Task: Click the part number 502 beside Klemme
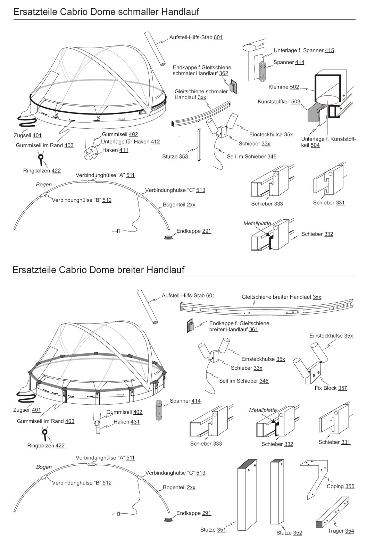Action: pos(294,87)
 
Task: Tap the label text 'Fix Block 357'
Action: pos(331,388)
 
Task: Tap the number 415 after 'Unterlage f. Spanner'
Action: pos(329,50)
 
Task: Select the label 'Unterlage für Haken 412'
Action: pos(131,142)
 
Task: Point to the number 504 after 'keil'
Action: pos(315,145)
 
